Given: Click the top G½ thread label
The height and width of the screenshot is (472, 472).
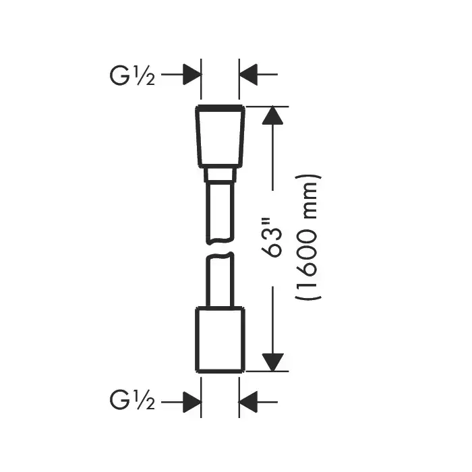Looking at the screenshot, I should tap(132, 76).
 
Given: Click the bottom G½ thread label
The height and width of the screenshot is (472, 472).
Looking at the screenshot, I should tap(132, 403).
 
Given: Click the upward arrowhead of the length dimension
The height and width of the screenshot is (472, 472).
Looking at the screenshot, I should tap(271, 116).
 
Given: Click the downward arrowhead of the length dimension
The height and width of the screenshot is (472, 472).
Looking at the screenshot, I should tap(271, 361).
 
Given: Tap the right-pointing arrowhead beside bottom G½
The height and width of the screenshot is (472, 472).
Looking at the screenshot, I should tap(191, 403).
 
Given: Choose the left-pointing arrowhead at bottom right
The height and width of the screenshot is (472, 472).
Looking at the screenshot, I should tap(249, 403).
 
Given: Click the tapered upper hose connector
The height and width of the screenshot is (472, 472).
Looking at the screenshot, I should tap(220, 136).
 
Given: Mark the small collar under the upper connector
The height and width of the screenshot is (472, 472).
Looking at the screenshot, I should tap(220, 176).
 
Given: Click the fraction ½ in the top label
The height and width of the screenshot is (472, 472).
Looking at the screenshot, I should tap(146, 77).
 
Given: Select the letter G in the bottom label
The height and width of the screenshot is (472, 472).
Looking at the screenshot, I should tap(120, 403).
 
